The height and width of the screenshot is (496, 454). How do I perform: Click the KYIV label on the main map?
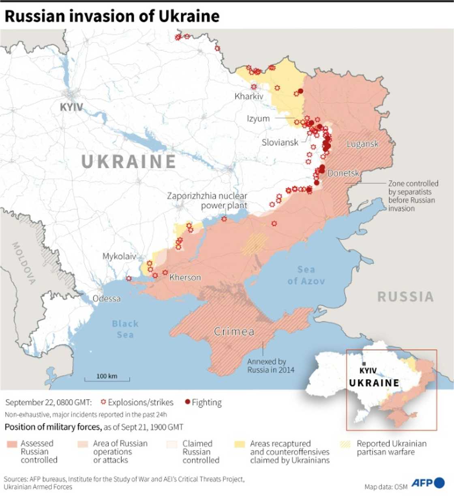pos(71,107)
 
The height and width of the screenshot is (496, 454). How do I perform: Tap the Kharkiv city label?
pos(249,96)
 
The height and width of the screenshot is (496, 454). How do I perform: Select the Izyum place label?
pos(258,119)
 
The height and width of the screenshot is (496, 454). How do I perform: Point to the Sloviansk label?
pos(280,142)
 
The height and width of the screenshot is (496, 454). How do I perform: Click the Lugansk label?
pos(362,144)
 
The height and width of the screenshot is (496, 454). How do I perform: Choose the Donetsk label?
pos(343,173)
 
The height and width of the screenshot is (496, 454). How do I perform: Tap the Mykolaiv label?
pos(119,257)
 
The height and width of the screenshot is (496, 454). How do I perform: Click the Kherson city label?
pos(185,278)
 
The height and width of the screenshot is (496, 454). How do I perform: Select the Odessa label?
pos(107,299)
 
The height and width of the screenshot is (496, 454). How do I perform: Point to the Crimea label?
pos(234,331)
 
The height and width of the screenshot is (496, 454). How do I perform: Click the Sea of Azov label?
pos(306,275)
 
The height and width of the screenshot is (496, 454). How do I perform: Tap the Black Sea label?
pos(125,329)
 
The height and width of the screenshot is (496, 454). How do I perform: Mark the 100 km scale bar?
pos(107,378)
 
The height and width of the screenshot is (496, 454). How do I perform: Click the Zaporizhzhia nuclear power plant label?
pos(207,201)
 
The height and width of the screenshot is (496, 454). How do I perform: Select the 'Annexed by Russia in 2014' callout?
pos(271,366)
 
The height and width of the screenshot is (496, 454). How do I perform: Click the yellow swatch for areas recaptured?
pos(240,444)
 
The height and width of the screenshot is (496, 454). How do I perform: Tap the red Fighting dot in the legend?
pos(187,402)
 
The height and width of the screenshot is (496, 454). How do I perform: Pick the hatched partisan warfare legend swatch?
pos(345,444)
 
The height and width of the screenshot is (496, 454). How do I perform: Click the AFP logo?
pos(428,483)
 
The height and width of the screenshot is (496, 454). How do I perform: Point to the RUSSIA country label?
pos(405,297)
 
